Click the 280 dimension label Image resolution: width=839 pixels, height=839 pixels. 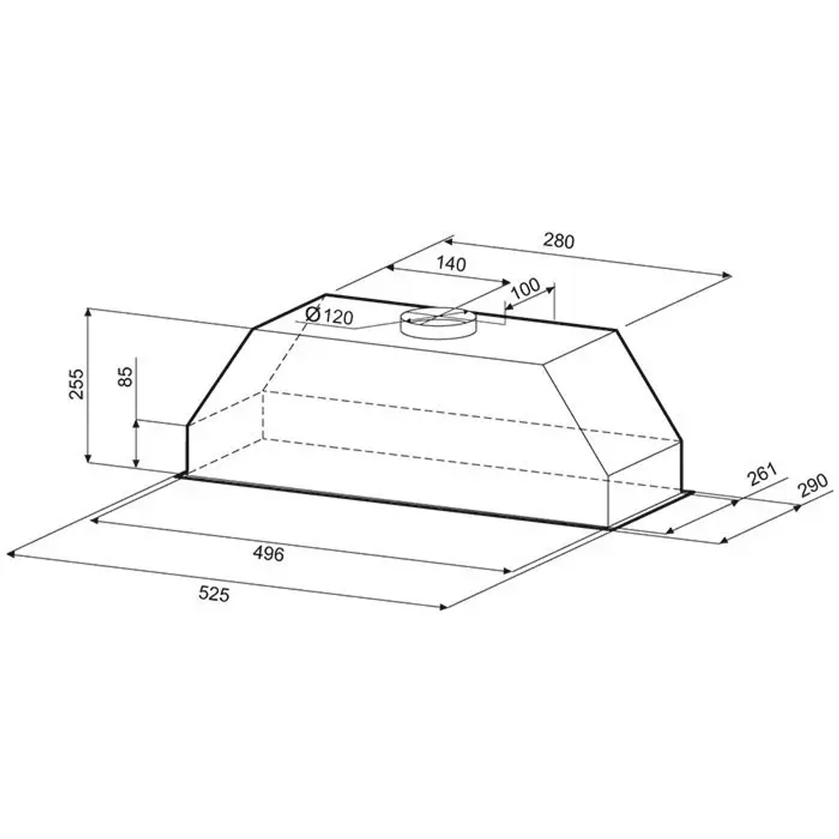pos(559,241)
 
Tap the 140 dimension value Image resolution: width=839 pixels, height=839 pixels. pos(451,263)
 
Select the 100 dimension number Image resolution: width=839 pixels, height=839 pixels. pos(525,289)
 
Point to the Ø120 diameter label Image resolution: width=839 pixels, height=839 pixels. pos(329,315)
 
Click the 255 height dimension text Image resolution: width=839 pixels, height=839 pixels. pos(76,383)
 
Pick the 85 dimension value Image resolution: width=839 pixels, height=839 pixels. pos(125,376)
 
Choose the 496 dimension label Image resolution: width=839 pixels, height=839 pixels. pos(268,553)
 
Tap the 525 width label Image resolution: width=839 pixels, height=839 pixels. pos(213,593)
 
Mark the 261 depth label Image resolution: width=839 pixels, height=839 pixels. pos(762,474)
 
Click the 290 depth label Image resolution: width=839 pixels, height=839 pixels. pos(811,485)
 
